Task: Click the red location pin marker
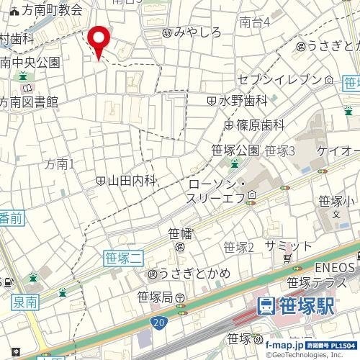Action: (98, 40)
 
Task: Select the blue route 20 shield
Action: (158, 321)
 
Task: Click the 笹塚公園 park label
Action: (235, 150)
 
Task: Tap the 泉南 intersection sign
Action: (26, 304)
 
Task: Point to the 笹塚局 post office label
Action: (155, 297)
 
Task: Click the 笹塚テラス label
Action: (317, 282)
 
